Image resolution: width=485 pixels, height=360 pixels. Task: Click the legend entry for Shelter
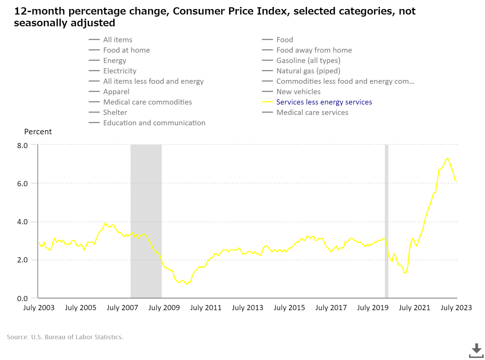tap(115, 112)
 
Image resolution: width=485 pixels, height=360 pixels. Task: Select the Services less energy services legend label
tap(324, 102)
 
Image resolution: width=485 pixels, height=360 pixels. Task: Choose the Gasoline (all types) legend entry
tap(308, 61)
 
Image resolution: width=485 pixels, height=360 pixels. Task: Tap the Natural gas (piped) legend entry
tap(308, 71)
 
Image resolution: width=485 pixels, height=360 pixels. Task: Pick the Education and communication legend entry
tap(154, 123)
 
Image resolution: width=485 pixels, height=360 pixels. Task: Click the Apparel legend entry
tap(116, 92)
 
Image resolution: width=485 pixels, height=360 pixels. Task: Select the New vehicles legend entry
tap(298, 92)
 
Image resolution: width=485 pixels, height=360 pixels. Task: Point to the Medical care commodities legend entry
tap(147, 102)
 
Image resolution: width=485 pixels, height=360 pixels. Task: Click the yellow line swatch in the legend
tap(267, 102)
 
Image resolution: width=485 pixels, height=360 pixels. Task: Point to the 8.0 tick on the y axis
tap(23, 145)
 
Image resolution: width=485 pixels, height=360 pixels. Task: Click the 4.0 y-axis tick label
tap(23, 222)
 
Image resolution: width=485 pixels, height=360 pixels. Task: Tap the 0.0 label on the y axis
tap(23, 298)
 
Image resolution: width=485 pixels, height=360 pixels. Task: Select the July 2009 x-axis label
tap(164, 308)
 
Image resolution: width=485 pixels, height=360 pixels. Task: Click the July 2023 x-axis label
tap(456, 308)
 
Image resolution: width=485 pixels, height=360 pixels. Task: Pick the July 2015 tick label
tap(289, 308)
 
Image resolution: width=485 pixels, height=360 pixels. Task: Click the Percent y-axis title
tap(38, 132)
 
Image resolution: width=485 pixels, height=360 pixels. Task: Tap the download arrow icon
tap(476, 350)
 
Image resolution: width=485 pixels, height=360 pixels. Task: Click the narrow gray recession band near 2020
tap(387, 222)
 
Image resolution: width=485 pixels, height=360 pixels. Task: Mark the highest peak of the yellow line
tap(448, 158)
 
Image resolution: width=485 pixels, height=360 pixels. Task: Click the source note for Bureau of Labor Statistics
tap(65, 337)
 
